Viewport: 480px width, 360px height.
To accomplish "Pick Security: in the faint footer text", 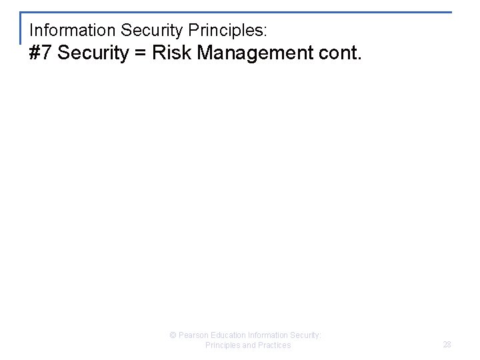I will tap(308, 335).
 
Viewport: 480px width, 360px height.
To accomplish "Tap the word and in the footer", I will tap(250, 345).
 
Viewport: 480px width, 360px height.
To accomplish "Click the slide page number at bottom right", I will tap(447, 344).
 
